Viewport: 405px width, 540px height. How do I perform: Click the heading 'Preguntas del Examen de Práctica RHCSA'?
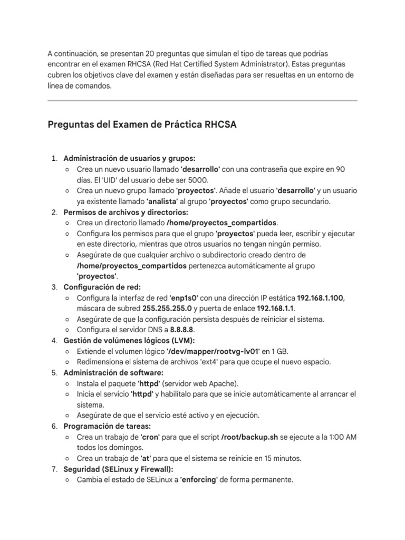(x=142, y=124)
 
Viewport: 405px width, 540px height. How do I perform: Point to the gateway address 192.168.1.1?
(x=276, y=308)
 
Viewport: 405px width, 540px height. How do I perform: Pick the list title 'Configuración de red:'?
(x=102, y=287)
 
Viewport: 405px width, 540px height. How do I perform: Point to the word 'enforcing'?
(x=199, y=480)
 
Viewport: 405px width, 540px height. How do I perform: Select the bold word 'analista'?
(x=163, y=201)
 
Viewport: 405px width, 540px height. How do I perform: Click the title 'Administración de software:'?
(x=113, y=372)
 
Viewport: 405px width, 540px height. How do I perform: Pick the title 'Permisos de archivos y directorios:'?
(x=126, y=212)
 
